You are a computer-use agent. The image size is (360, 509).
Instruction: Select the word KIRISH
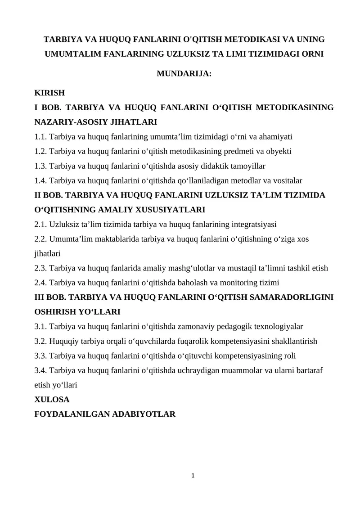(49, 93)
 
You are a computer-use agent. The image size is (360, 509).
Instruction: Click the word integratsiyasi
(254, 225)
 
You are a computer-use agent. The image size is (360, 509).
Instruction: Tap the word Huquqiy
(62, 341)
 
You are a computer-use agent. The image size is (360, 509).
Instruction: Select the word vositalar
(287, 180)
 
